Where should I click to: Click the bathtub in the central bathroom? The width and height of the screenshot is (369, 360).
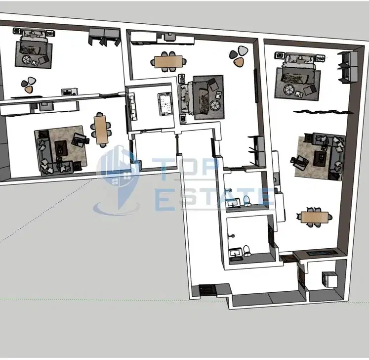coord(165,105)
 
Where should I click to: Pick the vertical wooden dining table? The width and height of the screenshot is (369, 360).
coord(101,130)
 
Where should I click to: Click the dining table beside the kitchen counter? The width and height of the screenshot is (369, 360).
coord(168,62)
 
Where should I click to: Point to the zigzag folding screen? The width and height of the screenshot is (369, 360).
coord(323,111)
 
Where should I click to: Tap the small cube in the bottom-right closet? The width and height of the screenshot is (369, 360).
coord(329,279)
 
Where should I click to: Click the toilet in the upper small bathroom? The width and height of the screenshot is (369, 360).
coord(246,201)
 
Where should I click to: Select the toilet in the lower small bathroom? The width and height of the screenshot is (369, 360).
coord(247,251)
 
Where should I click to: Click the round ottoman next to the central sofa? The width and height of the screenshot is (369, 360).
coord(215,105)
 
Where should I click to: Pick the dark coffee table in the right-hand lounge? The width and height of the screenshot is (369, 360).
coord(320,158)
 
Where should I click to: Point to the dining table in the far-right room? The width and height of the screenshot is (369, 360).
coord(315,217)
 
